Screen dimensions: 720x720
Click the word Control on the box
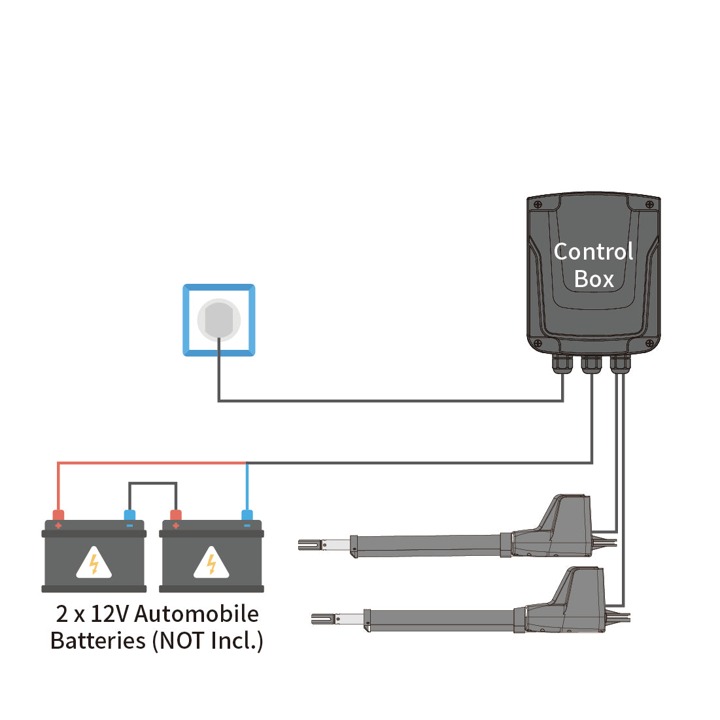[x=593, y=252]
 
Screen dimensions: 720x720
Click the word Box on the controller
[x=594, y=279]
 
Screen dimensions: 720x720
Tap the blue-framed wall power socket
[x=219, y=320]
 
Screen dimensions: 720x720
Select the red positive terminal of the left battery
[x=58, y=516]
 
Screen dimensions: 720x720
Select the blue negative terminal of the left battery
[x=129, y=516]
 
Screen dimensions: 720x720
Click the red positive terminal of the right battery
[x=175, y=516]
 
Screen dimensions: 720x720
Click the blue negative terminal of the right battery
[x=247, y=516]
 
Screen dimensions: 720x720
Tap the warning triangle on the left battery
[x=94, y=564]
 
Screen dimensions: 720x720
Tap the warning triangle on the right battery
[x=211, y=564]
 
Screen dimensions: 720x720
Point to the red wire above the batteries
[x=150, y=463]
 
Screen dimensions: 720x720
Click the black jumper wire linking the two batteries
[x=152, y=483]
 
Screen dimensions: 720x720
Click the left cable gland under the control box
[x=562, y=364]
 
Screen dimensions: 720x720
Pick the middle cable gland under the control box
[x=591, y=364]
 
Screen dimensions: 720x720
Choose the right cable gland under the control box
[x=620, y=364]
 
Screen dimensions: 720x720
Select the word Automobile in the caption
[x=196, y=614]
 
